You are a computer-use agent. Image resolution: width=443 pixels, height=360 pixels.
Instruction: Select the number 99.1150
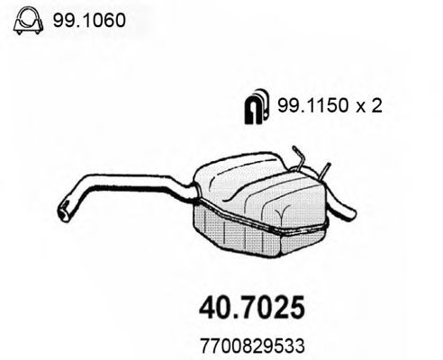(305, 106)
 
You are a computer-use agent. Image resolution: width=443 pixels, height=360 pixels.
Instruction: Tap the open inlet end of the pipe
(64, 212)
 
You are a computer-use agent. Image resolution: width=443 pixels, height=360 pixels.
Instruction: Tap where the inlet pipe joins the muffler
(194, 192)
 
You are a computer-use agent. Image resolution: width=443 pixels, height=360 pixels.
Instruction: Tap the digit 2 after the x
(378, 106)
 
